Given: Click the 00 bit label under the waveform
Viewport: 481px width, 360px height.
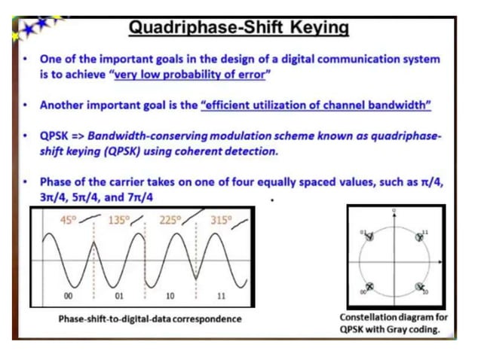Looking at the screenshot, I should pos(69,296).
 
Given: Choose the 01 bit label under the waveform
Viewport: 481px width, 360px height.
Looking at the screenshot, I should pos(118,296).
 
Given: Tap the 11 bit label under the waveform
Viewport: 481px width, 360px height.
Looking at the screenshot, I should pos(221,296).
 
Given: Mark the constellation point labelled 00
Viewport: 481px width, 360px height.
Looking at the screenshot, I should pos(369,286).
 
